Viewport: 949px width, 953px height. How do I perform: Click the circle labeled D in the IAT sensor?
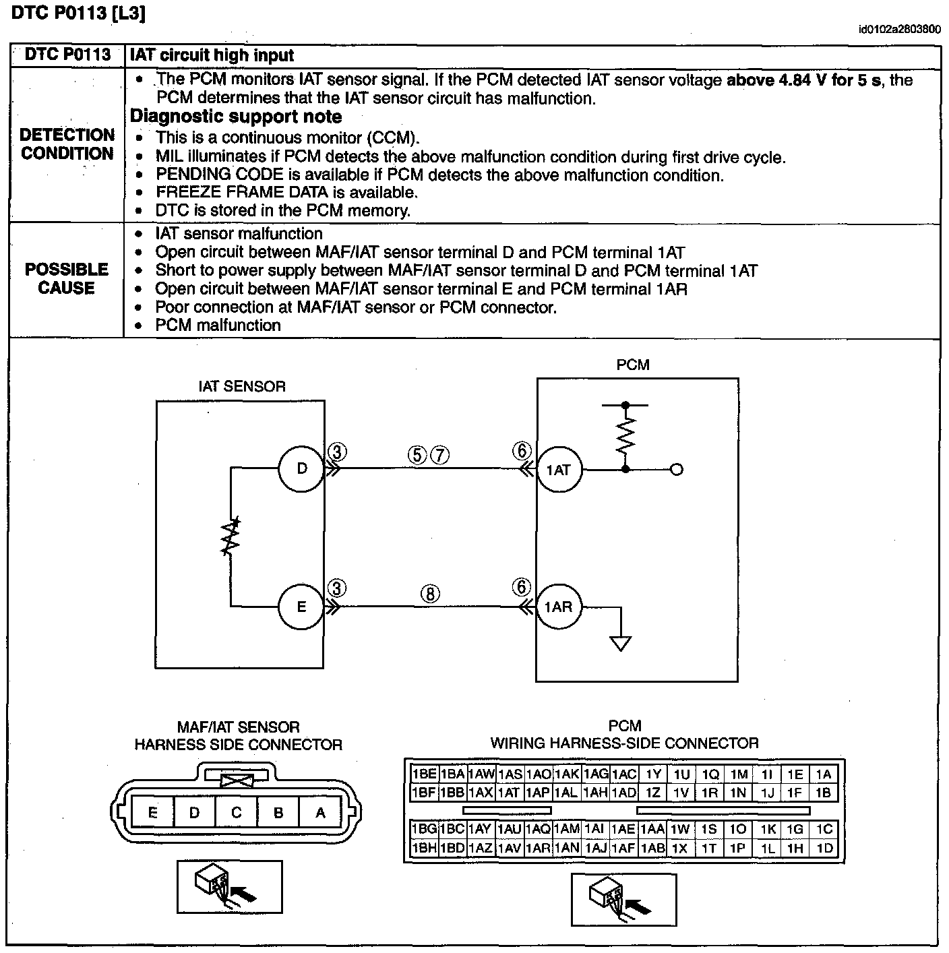pyautogui.click(x=302, y=468)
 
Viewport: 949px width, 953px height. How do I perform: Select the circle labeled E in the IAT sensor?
pyautogui.click(x=301, y=607)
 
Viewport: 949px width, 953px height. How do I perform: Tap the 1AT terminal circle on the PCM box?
pyautogui.click(x=559, y=470)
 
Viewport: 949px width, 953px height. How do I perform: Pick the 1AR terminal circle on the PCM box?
pyautogui.click(x=559, y=607)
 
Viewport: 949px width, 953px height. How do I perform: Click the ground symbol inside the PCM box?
pyautogui.click(x=620, y=643)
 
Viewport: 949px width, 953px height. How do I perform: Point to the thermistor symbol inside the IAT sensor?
pyautogui.click(x=231, y=536)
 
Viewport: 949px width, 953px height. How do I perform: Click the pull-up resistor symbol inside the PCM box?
pyautogui.click(x=626, y=435)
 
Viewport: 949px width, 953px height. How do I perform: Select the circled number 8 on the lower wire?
pyautogui.click(x=430, y=594)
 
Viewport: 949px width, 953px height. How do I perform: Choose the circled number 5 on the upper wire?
pyautogui.click(x=417, y=456)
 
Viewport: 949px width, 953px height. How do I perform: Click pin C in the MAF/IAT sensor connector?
pyautogui.click(x=236, y=812)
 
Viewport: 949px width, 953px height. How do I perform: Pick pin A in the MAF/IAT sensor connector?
pyautogui.click(x=320, y=812)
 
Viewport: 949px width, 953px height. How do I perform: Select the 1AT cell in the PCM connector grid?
pyautogui.click(x=509, y=793)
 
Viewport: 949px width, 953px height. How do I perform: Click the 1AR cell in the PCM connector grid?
pyautogui.click(x=538, y=849)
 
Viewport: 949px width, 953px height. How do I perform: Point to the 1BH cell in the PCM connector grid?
pyautogui.click(x=424, y=849)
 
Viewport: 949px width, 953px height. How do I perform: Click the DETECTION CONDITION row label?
pyautogui.click(x=67, y=144)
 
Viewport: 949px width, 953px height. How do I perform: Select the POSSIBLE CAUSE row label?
pyautogui.click(x=67, y=278)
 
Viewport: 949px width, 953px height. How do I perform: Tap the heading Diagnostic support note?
pyautogui.click(x=236, y=117)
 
